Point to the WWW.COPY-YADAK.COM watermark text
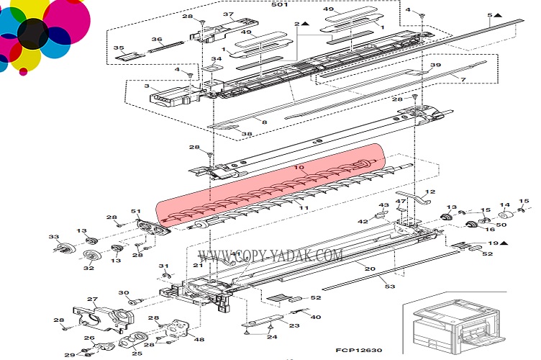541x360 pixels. [x=270, y=256]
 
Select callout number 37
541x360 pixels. [x=229, y=15]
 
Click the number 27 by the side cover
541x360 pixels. [x=92, y=300]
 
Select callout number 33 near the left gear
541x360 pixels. [x=53, y=237]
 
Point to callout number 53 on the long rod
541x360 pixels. [x=391, y=287]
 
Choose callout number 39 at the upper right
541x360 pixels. [x=435, y=65]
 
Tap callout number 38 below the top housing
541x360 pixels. [x=246, y=134]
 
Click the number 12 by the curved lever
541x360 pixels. [x=432, y=192]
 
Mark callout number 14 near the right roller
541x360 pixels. [x=504, y=205]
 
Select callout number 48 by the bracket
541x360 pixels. [x=199, y=340]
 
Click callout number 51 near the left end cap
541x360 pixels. [x=135, y=211]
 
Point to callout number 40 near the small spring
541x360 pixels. [x=317, y=316]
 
